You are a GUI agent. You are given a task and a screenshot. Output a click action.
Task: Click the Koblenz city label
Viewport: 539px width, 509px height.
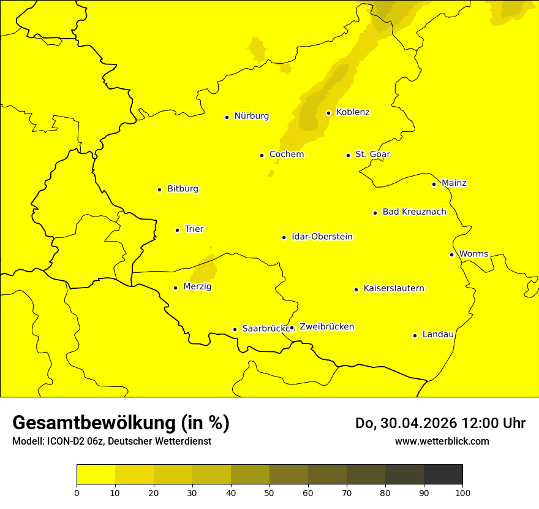(x=353, y=112)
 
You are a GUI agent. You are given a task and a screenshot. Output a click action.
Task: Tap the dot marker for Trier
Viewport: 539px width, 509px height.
(x=177, y=230)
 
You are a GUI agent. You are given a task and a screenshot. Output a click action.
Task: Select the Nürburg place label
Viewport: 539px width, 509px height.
(x=251, y=116)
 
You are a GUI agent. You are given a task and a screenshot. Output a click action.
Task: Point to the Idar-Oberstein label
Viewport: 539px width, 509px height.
(x=322, y=237)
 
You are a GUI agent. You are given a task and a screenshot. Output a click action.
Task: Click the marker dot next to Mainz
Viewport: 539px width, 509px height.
(x=434, y=184)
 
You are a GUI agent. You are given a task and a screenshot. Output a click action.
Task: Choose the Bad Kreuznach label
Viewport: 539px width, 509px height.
(x=414, y=212)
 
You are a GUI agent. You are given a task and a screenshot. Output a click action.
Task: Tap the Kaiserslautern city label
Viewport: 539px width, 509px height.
(x=394, y=288)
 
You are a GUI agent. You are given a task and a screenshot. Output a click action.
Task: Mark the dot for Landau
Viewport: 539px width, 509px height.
(x=415, y=335)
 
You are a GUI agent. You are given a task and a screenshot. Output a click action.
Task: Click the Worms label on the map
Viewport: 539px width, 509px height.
(x=473, y=254)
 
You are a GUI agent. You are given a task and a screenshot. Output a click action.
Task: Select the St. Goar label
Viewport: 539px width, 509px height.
(x=372, y=154)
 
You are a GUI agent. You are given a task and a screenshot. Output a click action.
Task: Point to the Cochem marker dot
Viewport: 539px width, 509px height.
(x=262, y=155)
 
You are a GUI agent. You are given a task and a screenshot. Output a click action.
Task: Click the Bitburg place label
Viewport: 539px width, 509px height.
(x=183, y=189)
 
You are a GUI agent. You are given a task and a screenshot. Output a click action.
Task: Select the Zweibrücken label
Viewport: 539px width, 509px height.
(x=326, y=327)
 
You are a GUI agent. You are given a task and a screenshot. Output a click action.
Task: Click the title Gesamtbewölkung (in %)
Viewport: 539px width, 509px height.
(x=121, y=423)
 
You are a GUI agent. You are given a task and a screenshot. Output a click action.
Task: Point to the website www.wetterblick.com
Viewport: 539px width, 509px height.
(x=442, y=441)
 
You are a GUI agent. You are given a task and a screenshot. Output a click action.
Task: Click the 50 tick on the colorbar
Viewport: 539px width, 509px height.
(x=269, y=492)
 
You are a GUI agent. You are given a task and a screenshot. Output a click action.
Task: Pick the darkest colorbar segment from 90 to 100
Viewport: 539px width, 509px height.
(x=443, y=475)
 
